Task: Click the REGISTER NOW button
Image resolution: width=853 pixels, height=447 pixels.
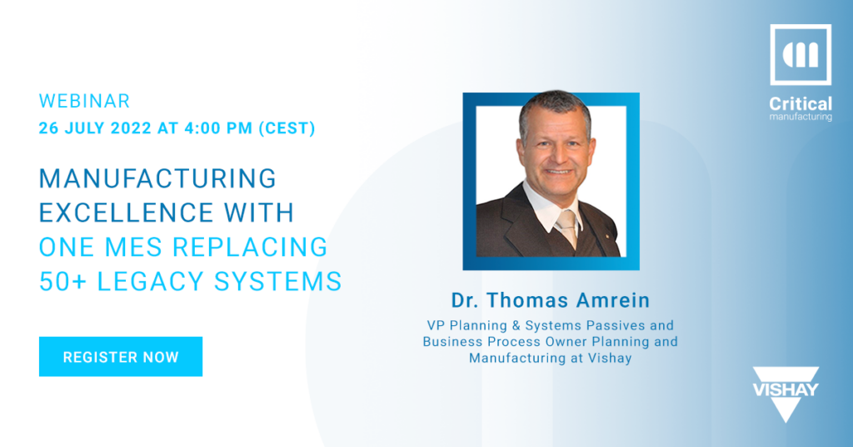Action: point(121,357)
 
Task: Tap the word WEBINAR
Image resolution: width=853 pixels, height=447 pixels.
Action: point(84,101)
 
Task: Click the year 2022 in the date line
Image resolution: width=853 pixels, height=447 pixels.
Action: point(131,128)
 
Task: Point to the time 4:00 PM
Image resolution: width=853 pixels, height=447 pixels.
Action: point(218,128)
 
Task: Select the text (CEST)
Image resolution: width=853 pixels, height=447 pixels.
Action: point(287,128)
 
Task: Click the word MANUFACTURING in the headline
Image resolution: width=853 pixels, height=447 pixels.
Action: point(157,178)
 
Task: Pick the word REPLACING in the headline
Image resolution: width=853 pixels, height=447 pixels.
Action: point(250,247)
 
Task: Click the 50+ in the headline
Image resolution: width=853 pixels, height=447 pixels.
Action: point(62,282)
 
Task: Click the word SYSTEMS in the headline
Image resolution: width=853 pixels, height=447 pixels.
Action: point(278,282)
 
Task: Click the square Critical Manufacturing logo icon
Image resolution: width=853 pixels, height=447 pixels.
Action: point(801,54)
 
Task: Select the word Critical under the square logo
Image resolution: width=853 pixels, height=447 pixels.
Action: point(801,103)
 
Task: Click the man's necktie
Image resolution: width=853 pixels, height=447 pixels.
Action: point(566,226)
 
